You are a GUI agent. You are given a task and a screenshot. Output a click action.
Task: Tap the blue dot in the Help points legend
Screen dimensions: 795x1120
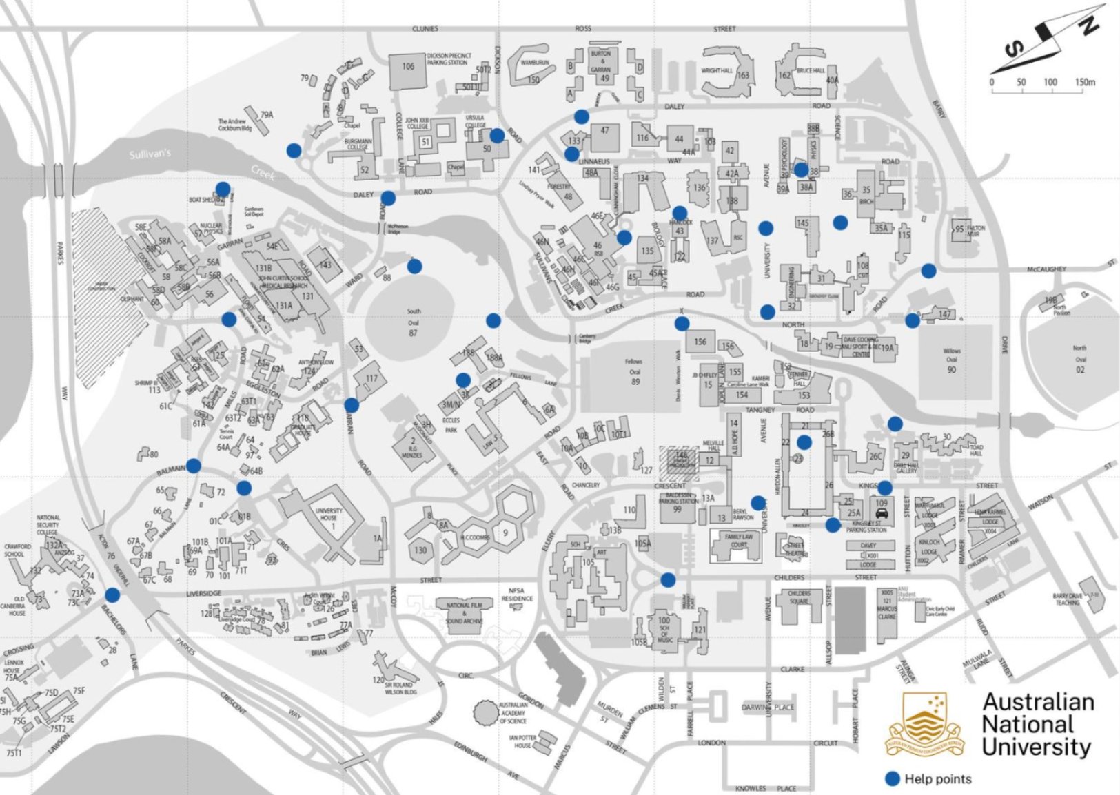click(893, 778)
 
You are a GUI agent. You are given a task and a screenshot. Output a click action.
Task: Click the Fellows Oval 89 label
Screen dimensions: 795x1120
click(634, 371)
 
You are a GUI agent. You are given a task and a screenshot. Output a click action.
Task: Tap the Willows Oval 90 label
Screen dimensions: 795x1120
click(951, 360)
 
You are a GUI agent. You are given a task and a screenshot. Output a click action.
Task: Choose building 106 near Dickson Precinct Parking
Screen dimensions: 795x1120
click(408, 68)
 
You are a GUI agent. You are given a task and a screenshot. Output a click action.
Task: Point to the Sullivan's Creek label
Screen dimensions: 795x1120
click(150, 153)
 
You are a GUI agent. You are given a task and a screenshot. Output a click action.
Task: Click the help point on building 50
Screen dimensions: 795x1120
click(496, 135)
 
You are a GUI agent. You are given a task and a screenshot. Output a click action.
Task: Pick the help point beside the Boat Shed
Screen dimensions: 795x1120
click(223, 189)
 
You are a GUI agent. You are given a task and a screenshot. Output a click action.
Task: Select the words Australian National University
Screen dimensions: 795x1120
click(1037, 725)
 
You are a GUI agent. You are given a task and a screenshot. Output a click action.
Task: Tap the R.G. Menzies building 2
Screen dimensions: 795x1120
click(413, 446)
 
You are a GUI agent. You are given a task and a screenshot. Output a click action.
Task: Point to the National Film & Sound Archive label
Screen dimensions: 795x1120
click(464, 613)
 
